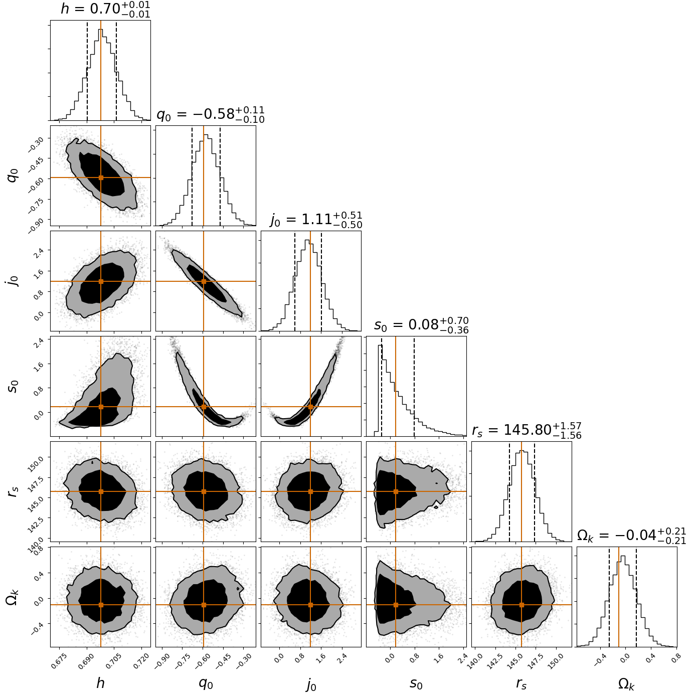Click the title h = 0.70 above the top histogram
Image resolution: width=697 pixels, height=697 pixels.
(x=105, y=10)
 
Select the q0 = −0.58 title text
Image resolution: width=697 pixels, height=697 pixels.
(x=211, y=114)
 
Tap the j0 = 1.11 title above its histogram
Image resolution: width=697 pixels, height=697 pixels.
(x=316, y=220)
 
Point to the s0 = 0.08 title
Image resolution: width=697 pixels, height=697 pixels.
(x=421, y=325)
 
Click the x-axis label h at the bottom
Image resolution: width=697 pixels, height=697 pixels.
(x=100, y=683)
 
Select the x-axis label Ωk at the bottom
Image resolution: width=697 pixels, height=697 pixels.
(x=627, y=684)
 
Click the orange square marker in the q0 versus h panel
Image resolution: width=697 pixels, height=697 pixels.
(x=101, y=178)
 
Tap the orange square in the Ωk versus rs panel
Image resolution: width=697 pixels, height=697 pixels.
(x=521, y=605)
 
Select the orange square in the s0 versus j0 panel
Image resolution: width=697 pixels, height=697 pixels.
(x=310, y=407)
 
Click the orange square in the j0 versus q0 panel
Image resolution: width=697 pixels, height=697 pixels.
(x=204, y=281)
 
